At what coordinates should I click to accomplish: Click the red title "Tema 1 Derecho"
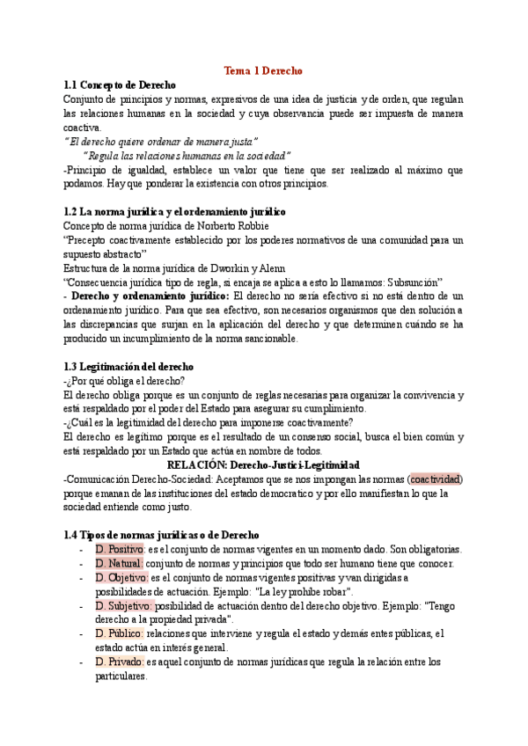(x=263, y=70)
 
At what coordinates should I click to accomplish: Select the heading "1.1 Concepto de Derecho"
(x=120, y=85)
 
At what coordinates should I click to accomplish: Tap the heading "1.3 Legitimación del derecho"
(x=128, y=366)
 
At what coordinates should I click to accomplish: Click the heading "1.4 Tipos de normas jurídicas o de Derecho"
(x=161, y=535)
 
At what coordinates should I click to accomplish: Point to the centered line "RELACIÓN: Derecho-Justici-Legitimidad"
(x=263, y=464)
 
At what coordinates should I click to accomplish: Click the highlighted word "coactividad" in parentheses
(x=436, y=479)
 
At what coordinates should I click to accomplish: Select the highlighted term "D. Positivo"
(x=120, y=549)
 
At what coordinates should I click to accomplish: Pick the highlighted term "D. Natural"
(x=118, y=563)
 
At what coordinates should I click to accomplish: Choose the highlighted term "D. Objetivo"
(x=121, y=577)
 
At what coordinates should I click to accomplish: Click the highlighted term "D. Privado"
(x=119, y=662)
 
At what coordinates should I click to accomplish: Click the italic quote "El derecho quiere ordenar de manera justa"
(x=161, y=142)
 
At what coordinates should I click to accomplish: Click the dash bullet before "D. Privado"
(x=82, y=662)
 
